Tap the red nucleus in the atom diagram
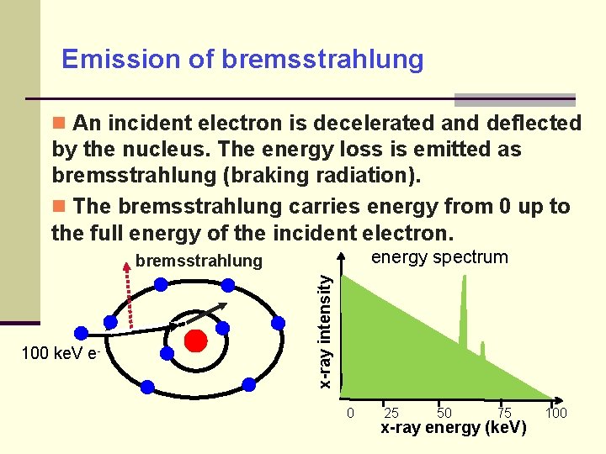tap(196, 341)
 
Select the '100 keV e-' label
tap(61, 354)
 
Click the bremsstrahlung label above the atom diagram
tap(199, 261)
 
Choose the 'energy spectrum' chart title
tap(439, 257)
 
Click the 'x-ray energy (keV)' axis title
tap(454, 429)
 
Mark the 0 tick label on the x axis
tap(350, 413)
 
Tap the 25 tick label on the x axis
tap(391, 413)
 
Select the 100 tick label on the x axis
tap(555, 413)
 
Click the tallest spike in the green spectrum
tap(462, 303)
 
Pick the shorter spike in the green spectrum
tap(482, 349)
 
